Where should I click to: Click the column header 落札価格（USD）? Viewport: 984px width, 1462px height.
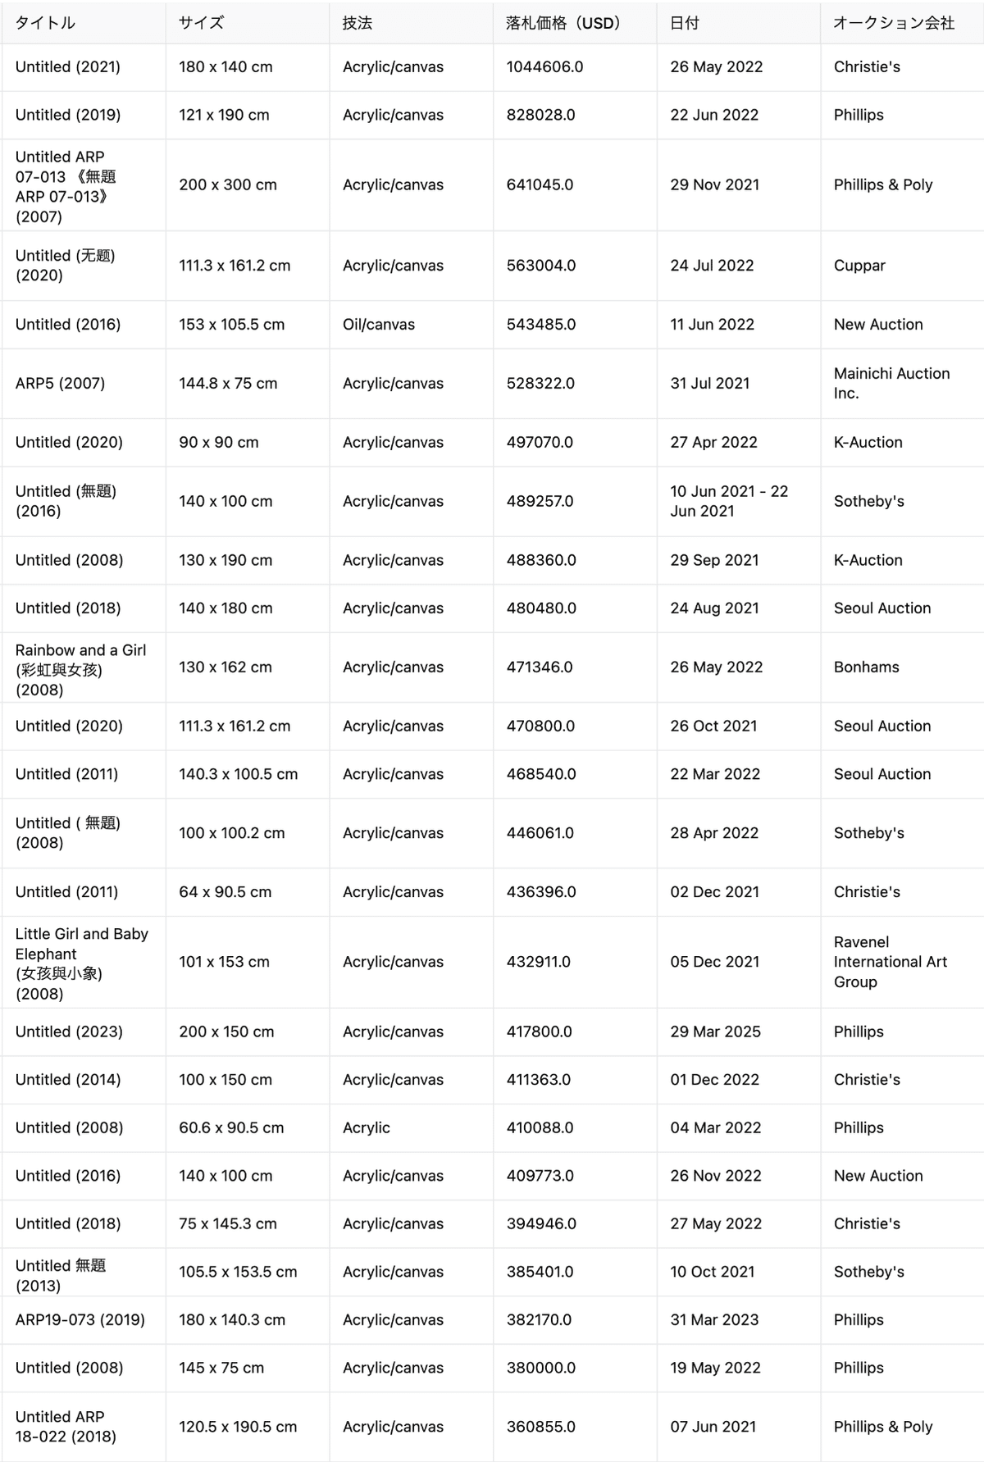(x=563, y=23)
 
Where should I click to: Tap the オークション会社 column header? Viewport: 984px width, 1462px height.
(x=893, y=23)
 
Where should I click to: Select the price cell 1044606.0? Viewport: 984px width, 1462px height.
(x=544, y=67)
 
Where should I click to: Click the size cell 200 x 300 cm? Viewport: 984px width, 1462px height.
(x=228, y=185)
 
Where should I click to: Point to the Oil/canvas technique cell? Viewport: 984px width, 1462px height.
(x=379, y=325)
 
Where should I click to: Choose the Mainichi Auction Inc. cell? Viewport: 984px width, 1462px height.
(x=891, y=384)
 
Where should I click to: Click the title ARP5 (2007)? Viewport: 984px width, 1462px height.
(x=60, y=384)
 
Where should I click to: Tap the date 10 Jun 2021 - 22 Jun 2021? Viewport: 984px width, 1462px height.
(x=728, y=501)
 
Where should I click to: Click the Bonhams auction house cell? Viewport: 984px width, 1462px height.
(x=866, y=667)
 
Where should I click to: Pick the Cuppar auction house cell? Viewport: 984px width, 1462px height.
(x=859, y=266)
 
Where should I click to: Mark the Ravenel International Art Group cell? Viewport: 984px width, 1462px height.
(x=890, y=962)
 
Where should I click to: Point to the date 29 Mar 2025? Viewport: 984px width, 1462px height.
(x=715, y=1032)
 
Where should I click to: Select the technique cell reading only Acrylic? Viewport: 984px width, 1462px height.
(x=367, y=1127)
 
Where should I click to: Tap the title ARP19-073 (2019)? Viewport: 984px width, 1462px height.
(x=80, y=1319)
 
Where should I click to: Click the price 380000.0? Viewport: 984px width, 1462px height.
(x=540, y=1368)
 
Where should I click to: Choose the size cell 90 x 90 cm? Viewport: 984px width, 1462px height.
(x=219, y=443)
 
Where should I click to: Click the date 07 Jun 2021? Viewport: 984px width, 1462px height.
(x=713, y=1427)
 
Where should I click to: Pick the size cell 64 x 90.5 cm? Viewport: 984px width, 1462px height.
(x=225, y=892)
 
